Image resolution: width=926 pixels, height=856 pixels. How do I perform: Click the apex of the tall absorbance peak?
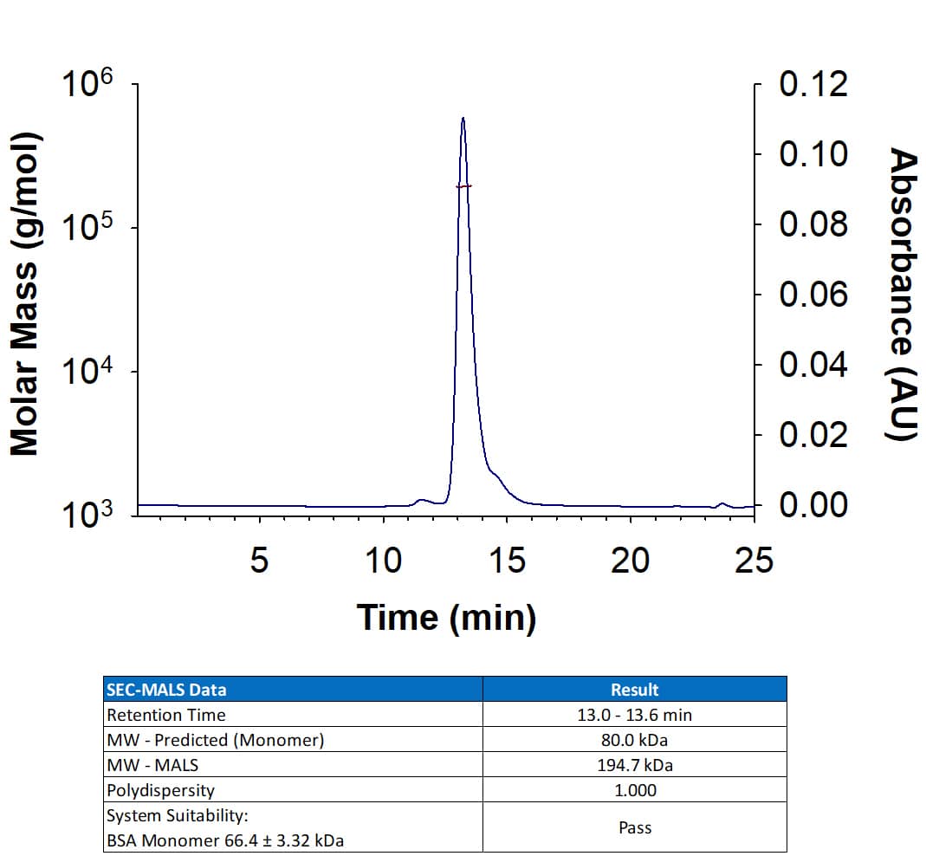click(463, 119)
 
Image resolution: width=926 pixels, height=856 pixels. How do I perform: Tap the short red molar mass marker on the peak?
click(463, 186)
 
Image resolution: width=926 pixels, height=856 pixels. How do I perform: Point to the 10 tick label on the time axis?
click(382, 561)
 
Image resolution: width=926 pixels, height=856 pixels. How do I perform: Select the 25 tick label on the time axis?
click(753, 561)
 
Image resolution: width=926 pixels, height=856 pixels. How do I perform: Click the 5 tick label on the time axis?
click(259, 561)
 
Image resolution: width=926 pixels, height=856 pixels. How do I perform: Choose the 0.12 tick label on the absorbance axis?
click(813, 85)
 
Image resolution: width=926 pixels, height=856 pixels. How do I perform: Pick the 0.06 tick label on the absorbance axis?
click(813, 295)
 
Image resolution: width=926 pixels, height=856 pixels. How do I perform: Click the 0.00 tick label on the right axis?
click(813, 504)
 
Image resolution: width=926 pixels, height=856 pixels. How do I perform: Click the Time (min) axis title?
click(446, 618)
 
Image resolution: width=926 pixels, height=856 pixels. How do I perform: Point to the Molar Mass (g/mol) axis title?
click(25, 295)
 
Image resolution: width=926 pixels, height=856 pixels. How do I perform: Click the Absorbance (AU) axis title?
click(903, 295)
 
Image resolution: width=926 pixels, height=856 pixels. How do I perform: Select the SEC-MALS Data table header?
click(165, 690)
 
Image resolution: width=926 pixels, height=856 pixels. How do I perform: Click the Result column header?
click(634, 690)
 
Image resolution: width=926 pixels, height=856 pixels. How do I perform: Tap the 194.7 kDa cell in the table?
click(634, 765)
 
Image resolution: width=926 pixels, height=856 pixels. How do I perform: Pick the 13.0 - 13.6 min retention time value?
click(634, 715)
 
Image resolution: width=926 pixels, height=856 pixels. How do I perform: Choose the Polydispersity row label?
click(160, 790)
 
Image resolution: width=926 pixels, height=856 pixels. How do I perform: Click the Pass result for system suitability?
click(634, 827)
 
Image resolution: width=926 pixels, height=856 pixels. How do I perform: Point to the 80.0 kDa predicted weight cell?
click(634, 740)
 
